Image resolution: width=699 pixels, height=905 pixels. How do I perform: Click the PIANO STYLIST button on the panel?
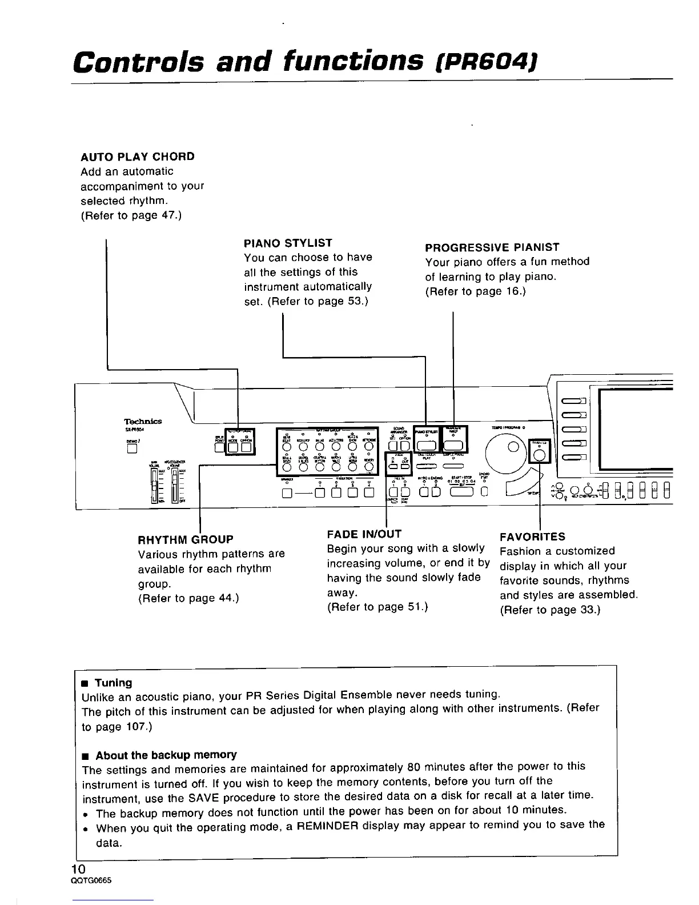pyautogui.click(x=427, y=446)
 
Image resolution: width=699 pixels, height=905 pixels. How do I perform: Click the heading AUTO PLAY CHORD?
pyautogui.click(x=138, y=157)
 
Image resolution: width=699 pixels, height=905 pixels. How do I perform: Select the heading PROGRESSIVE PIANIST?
pyautogui.click(x=492, y=247)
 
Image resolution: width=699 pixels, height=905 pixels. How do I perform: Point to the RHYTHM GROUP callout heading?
pyautogui.click(x=186, y=539)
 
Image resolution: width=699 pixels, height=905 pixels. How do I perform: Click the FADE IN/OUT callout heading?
pyautogui.click(x=364, y=534)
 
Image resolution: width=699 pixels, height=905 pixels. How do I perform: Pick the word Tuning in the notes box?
pyautogui.click(x=113, y=683)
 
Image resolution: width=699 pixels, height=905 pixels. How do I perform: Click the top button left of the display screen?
pyautogui.click(x=574, y=400)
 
